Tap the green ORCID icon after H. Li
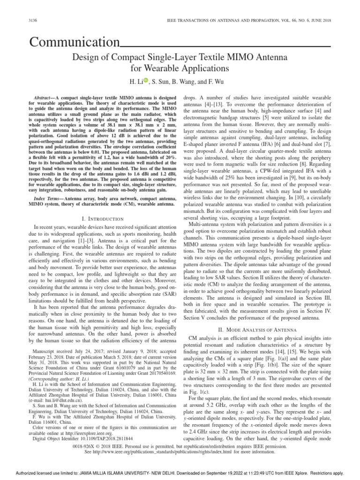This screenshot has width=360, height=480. [145, 81]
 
